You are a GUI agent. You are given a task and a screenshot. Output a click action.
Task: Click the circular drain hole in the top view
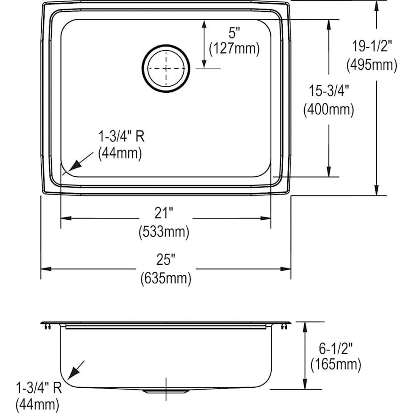(x=165, y=68)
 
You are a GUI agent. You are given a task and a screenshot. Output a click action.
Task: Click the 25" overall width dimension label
(x=166, y=261)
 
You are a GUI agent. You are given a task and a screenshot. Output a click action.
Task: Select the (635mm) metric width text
(x=165, y=278)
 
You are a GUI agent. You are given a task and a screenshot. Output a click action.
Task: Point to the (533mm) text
(x=164, y=232)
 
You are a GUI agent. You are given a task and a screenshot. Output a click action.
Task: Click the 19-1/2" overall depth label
(x=372, y=46)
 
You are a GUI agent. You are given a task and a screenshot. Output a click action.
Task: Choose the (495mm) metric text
(x=372, y=65)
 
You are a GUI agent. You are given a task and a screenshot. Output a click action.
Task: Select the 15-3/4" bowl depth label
(x=329, y=91)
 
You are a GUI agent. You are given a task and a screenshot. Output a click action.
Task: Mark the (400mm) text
(x=329, y=110)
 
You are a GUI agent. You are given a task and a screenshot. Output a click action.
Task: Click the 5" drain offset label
(x=234, y=33)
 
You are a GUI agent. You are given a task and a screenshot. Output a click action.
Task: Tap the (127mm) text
(x=234, y=49)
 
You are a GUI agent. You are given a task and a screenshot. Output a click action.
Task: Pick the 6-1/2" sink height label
(x=335, y=348)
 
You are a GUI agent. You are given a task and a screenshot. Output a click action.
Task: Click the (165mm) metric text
(x=335, y=365)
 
